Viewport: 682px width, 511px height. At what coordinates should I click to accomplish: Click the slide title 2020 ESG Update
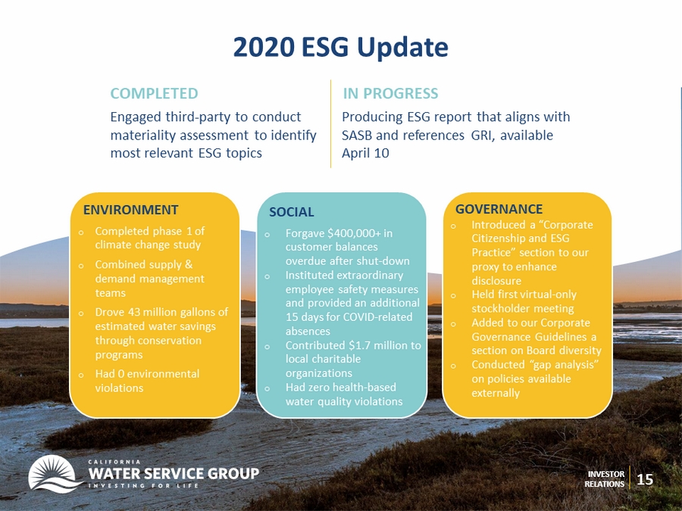(x=340, y=48)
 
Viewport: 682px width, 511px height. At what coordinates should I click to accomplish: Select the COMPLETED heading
(x=154, y=93)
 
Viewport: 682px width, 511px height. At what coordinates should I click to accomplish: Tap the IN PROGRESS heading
(x=390, y=93)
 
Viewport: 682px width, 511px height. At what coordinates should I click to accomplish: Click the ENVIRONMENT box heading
(x=130, y=210)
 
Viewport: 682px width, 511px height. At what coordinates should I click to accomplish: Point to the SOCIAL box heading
(x=292, y=212)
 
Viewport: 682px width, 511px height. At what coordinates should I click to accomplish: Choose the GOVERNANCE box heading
(x=499, y=209)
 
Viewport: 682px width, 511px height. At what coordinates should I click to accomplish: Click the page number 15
(x=645, y=479)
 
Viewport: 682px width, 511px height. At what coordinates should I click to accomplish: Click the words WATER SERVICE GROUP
(x=174, y=473)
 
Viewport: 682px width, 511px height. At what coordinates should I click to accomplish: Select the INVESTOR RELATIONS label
(x=605, y=479)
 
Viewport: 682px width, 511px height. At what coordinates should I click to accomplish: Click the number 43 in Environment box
(x=134, y=313)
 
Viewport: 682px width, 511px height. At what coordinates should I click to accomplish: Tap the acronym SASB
(x=357, y=136)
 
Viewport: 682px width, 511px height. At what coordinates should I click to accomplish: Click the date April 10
(x=365, y=154)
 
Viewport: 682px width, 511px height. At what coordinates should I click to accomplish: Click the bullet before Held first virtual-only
(x=453, y=295)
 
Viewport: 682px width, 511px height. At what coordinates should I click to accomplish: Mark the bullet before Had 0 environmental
(x=81, y=375)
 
